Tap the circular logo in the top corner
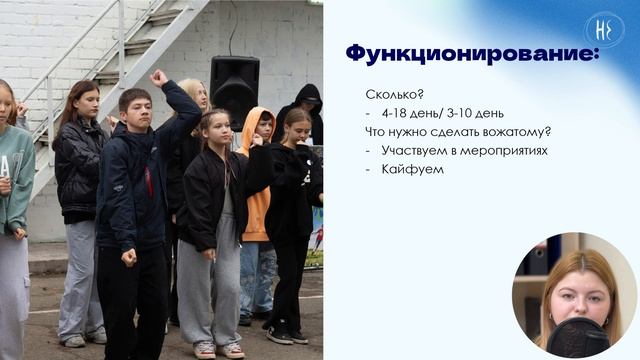click(604, 30)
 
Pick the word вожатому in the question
click(512, 132)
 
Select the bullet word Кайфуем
click(412, 170)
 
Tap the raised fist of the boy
click(158, 77)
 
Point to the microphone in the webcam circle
click(577, 337)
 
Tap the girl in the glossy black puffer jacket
click(79, 160)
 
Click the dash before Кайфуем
click(369, 170)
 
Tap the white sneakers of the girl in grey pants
click(218, 349)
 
